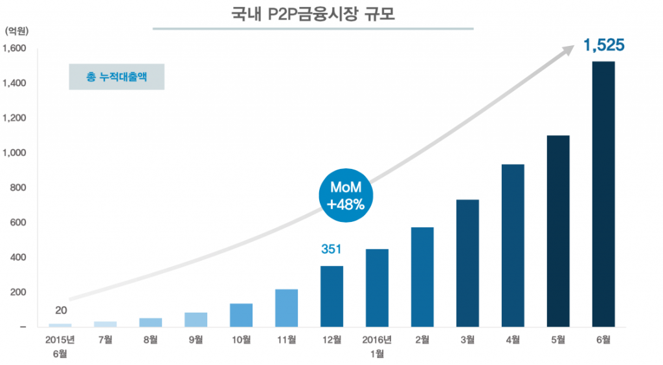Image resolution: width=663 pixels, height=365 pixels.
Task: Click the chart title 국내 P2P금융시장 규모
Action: pyautogui.click(x=313, y=14)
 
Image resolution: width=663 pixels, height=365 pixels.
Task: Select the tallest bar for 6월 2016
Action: pyautogui.click(x=603, y=194)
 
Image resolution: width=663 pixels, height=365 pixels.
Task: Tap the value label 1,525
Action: pyautogui.click(x=604, y=45)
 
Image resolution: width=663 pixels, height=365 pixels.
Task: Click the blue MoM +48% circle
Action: pyautogui.click(x=346, y=195)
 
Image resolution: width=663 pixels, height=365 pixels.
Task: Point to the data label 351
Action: pyautogui.click(x=331, y=249)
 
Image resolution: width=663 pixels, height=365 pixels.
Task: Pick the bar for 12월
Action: pyautogui.click(x=332, y=296)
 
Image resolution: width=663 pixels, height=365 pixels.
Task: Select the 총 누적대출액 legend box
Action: pyautogui.click(x=117, y=77)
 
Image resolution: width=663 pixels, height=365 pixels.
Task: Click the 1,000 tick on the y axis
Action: pyautogui.click(x=14, y=153)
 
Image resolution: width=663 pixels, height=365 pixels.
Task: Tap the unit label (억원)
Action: pyautogui.click(x=16, y=31)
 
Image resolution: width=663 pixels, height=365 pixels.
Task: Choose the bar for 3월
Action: pyautogui.click(x=467, y=263)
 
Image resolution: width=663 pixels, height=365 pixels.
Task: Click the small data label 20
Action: pyautogui.click(x=61, y=311)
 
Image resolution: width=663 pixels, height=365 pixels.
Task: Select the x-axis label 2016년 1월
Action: pyautogui.click(x=377, y=346)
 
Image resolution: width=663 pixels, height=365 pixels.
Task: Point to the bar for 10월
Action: pyautogui.click(x=241, y=315)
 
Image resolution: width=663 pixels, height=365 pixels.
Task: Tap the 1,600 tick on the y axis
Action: pyautogui.click(x=14, y=49)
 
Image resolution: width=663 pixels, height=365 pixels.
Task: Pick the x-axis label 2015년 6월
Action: pyautogui.click(x=60, y=346)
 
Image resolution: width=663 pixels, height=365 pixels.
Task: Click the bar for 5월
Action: pyautogui.click(x=558, y=231)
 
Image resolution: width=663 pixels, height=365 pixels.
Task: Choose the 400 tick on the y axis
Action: pyautogui.click(x=17, y=258)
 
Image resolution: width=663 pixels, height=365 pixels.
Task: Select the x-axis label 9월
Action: pyautogui.click(x=196, y=340)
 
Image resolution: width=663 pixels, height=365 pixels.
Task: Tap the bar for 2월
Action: pyautogui.click(x=422, y=277)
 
